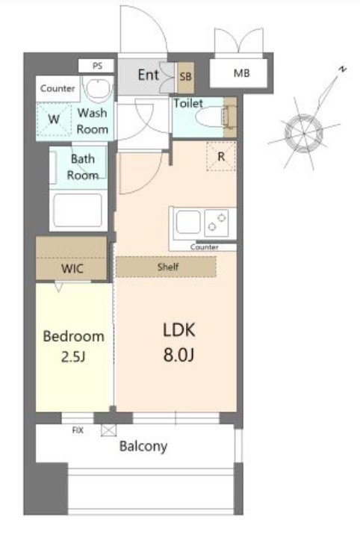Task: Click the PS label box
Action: pyautogui.click(x=96, y=66)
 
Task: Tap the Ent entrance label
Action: pyautogui.click(x=149, y=75)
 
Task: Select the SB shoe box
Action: pyautogui.click(x=185, y=77)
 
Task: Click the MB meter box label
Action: pyautogui.click(x=241, y=73)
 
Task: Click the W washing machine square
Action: pyautogui.click(x=54, y=120)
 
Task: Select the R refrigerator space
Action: pyautogui.click(x=221, y=156)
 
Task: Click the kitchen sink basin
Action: pyautogui.click(x=188, y=222)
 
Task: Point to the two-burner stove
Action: pyautogui.click(x=217, y=223)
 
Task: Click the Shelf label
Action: pyautogui.click(x=168, y=267)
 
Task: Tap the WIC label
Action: pyautogui.click(x=72, y=268)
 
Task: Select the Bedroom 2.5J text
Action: pyautogui.click(x=73, y=346)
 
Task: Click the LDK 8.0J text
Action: pyautogui.click(x=179, y=342)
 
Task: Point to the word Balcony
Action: pyautogui.click(x=143, y=447)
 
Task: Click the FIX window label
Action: pyautogui.click(x=78, y=430)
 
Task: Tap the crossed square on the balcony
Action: pyautogui.click(x=108, y=430)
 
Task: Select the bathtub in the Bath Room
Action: pyautogui.click(x=78, y=211)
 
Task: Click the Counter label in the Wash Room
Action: pyautogui.click(x=58, y=88)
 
